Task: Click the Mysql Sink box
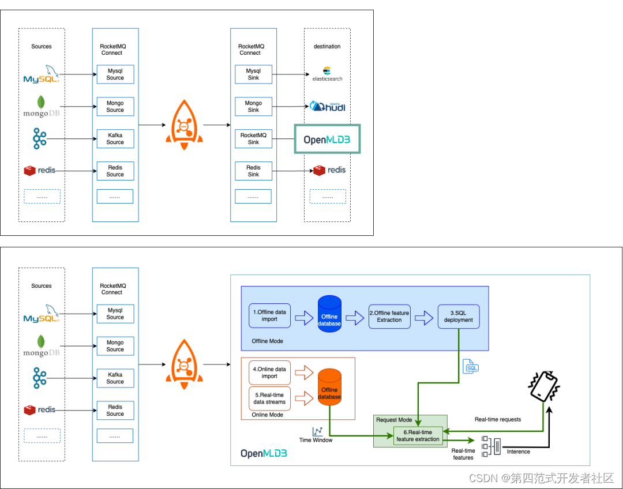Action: click(253, 74)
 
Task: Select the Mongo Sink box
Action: click(253, 107)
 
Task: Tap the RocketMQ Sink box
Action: click(253, 138)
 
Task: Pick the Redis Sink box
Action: click(253, 171)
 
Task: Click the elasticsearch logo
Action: click(327, 74)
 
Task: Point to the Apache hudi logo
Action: click(328, 106)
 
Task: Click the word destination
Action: click(327, 47)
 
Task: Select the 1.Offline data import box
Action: click(269, 316)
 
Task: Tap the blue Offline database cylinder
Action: click(329, 314)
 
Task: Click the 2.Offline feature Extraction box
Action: click(389, 317)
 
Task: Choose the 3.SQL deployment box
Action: click(459, 317)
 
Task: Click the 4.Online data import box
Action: click(269, 373)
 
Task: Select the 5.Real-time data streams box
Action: click(269, 398)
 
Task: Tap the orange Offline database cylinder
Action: click(329, 388)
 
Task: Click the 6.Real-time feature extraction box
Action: click(418, 436)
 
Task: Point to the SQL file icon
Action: click(471, 366)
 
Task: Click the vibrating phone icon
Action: click(544, 386)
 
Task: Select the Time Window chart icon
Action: click(317, 431)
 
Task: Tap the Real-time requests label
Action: click(497, 419)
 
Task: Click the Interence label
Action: click(518, 452)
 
